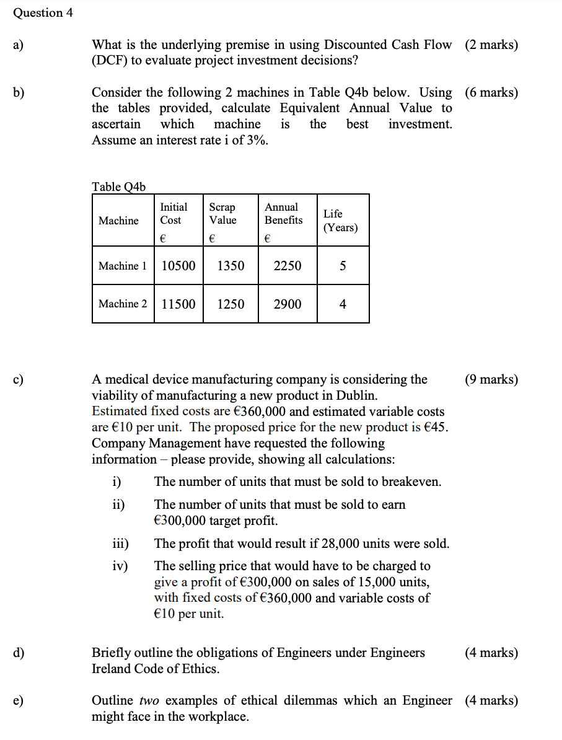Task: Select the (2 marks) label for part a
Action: [x=491, y=45]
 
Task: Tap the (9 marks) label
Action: [x=491, y=379]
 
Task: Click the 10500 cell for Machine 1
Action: [x=178, y=266]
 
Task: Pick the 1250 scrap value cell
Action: [x=230, y=304]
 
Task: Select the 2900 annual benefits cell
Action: [x=287, y=304]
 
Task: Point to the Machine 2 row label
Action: [x=123, y=304]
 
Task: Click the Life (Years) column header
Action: [x=340, y=221]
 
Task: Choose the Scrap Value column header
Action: [x=222, y=214]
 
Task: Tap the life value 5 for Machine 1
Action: [x=343, y=266]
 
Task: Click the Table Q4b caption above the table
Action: [x=118, y=187]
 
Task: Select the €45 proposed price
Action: [x=436, y=428]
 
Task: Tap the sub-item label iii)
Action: [x=120, y=544]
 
